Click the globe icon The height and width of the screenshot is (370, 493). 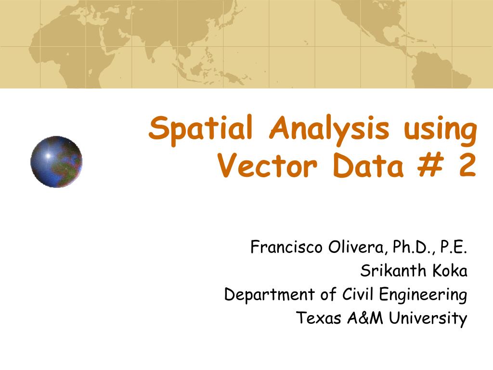pos(56,161)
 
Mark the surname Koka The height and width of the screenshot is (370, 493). pos(450,271)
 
